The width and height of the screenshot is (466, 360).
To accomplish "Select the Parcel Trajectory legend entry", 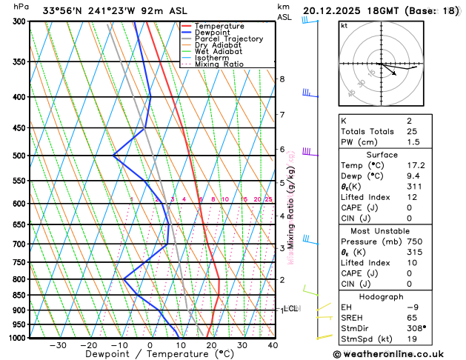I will [228, 39].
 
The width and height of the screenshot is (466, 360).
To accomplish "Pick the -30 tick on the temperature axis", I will [58, 345].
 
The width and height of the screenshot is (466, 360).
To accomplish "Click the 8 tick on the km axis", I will [282, 79].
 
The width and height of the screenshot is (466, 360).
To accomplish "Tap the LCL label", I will [291, 308].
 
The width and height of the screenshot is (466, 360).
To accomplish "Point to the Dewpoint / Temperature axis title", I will [150, 355].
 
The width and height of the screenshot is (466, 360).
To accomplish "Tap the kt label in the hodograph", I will [344, 25].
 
